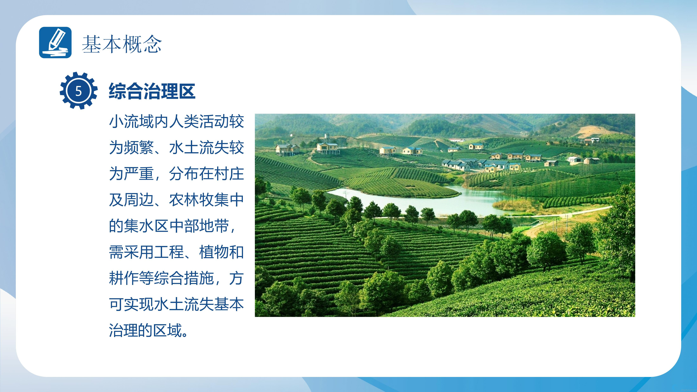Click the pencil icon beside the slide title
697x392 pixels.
coord(55,42)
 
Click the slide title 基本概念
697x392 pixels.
coord(122,44)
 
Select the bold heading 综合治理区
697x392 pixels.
coord(152,91)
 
